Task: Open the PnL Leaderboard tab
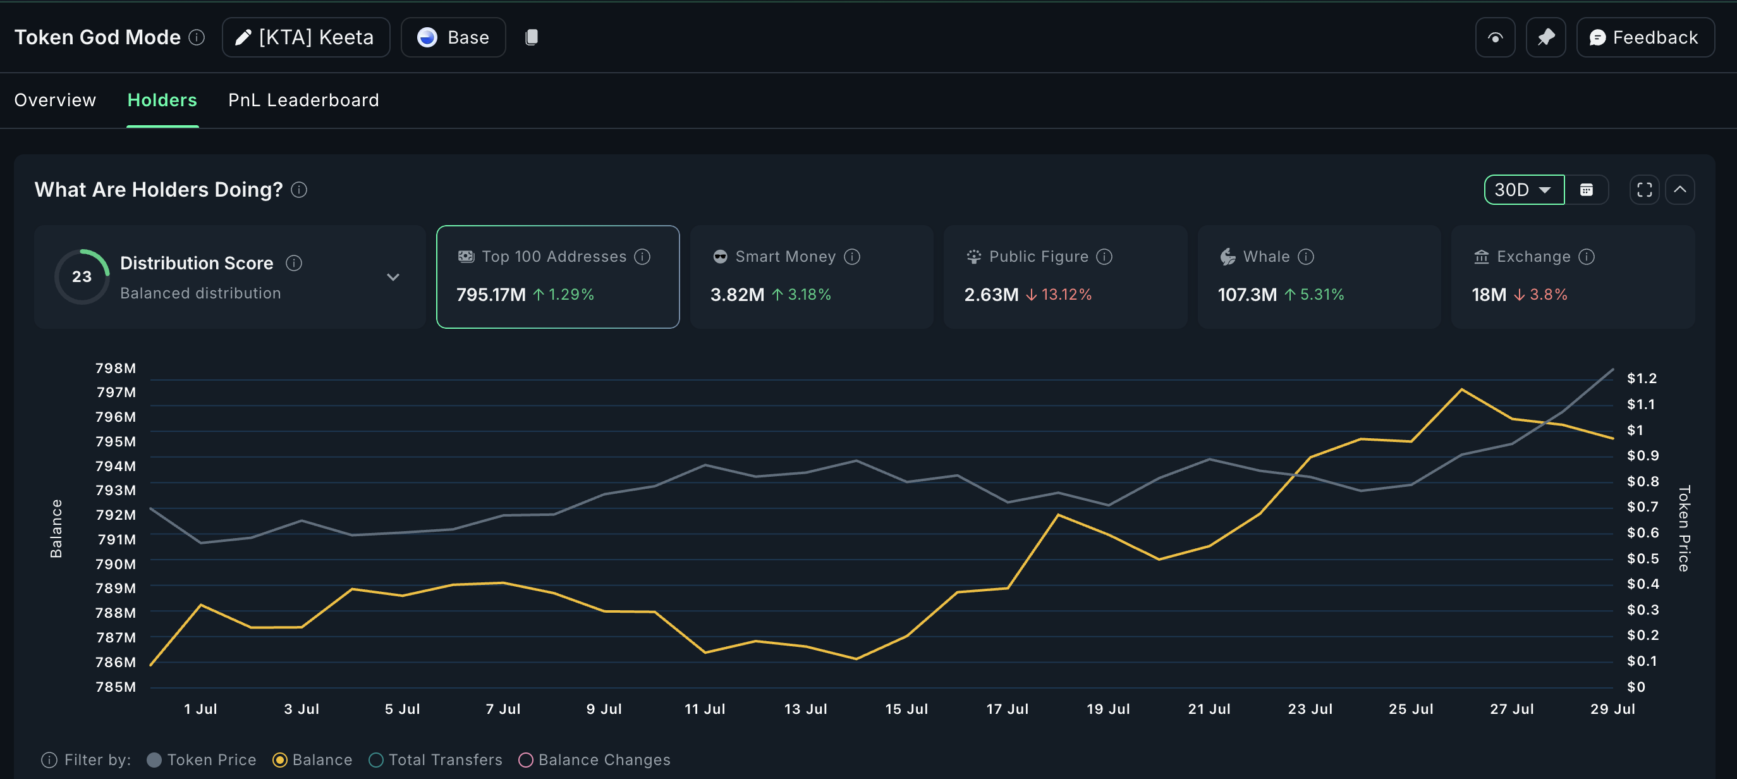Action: [303, 101]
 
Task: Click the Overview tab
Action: [55, 101]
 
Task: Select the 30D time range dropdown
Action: [1523, 190]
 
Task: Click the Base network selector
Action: [453, 38]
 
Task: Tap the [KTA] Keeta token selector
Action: [305, 38]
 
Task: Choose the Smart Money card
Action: [811, 276]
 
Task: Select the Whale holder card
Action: [1319, 276]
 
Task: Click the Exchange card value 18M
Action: [1488, 295]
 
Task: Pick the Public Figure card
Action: [1064, 276]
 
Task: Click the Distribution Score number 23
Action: [82, 276]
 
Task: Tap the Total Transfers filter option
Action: [436, 760]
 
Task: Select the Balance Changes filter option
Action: [595, 760]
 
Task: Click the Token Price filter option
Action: [202, 760]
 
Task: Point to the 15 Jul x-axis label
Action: [906, 709]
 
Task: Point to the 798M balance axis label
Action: [115, 368]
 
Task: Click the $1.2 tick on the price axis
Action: [1642, 378]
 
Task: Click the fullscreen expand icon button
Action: [1644, 190]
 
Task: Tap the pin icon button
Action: [1545, 38]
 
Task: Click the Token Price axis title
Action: [1684, 528]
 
